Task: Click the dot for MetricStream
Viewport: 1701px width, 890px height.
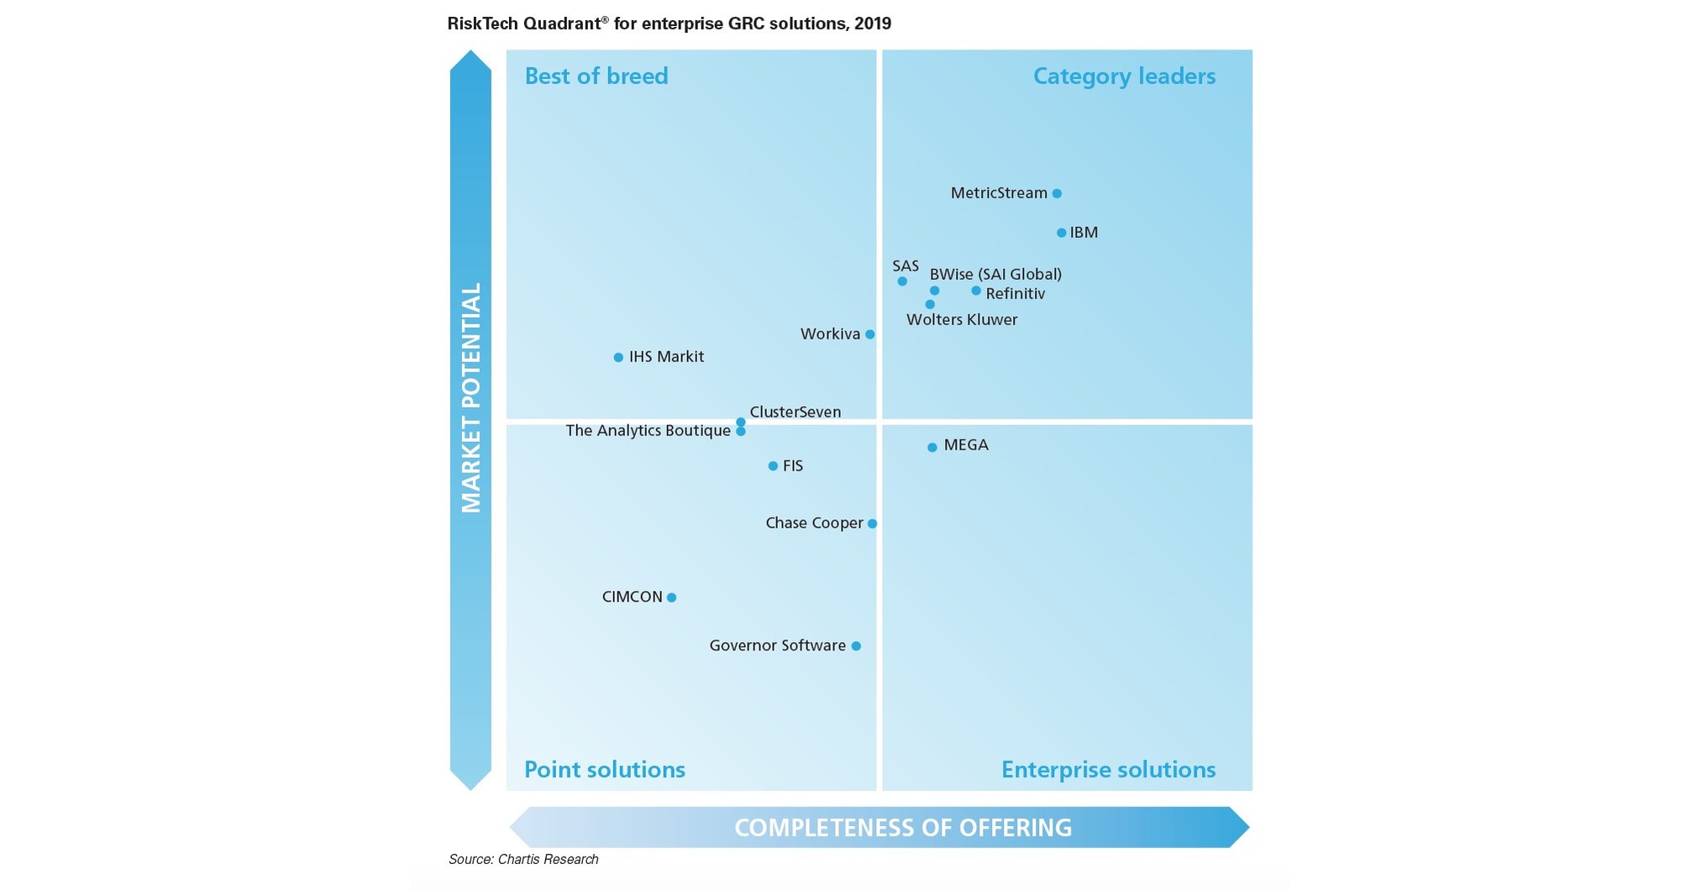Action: coord(1057,193)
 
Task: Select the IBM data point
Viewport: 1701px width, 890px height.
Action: coord(1061,233)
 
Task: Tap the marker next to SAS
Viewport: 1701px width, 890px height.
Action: coord(902,282)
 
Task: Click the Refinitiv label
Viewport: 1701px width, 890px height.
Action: coord(1015,293)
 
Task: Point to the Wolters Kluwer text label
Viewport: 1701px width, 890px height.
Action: coord(962,319)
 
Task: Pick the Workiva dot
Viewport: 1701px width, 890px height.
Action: coord(870,334)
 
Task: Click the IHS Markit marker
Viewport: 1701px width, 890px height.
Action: coord(618,358)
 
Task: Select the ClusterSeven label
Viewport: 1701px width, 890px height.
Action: coord(795,412)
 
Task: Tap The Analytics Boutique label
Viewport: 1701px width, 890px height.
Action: coord(648,430)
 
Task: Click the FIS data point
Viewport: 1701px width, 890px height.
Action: coord(773,466)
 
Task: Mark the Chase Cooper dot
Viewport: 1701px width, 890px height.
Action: coord(872,524)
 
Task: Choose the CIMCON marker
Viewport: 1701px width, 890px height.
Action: coord(671,598)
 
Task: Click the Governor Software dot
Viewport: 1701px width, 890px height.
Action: coord(856,646)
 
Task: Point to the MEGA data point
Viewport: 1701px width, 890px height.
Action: coord(932,448)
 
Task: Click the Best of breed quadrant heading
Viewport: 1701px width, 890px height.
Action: coord(596,76)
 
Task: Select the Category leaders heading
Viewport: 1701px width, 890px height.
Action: coord(1124,76)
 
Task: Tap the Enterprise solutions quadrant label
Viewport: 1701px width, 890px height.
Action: coord(1108,769)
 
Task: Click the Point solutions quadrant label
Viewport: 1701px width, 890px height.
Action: coord(605,769)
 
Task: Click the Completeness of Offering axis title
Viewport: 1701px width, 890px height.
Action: coord(903,828)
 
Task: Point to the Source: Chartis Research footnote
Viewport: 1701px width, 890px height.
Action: coord(523,859)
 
